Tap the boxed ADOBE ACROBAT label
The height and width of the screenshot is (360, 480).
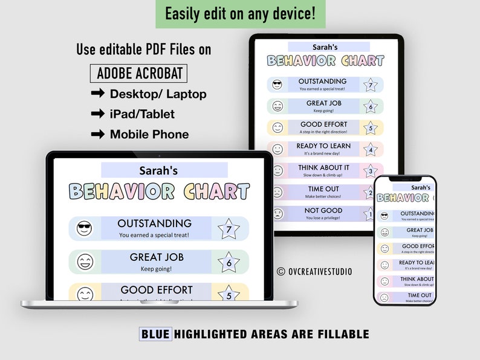139,73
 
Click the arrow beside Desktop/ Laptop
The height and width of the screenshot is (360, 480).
97,94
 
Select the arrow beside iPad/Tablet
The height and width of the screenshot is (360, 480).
97,114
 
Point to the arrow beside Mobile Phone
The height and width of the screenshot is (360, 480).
97,134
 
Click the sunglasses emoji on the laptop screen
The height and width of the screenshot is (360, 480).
85,229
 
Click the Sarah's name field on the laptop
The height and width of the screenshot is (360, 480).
159,171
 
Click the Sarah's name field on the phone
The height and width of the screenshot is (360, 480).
421,187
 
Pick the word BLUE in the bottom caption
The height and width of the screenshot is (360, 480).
155,333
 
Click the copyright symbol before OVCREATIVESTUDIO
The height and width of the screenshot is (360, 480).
281,272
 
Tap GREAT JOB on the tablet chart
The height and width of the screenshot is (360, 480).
323,103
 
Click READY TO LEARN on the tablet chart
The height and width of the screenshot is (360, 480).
323,146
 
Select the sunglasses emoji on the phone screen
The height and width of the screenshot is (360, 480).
384,216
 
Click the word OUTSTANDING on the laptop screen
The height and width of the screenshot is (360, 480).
154,223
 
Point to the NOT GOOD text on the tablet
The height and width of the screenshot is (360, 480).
323,211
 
